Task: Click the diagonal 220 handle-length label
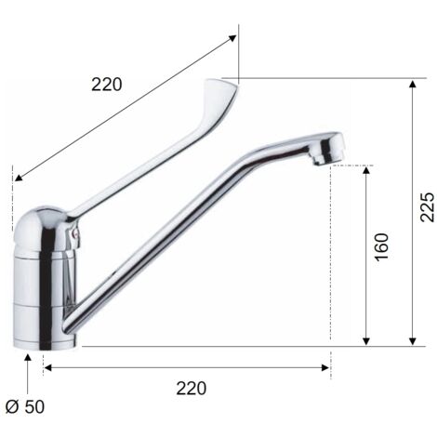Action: [107, 85]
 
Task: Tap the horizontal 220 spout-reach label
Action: [192, 389]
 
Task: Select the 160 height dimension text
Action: [381, 247]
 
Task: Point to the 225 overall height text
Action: [427, 207]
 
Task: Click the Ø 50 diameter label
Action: [25, 406]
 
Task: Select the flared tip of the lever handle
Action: [220, 93]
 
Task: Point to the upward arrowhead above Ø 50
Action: [28, 358]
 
